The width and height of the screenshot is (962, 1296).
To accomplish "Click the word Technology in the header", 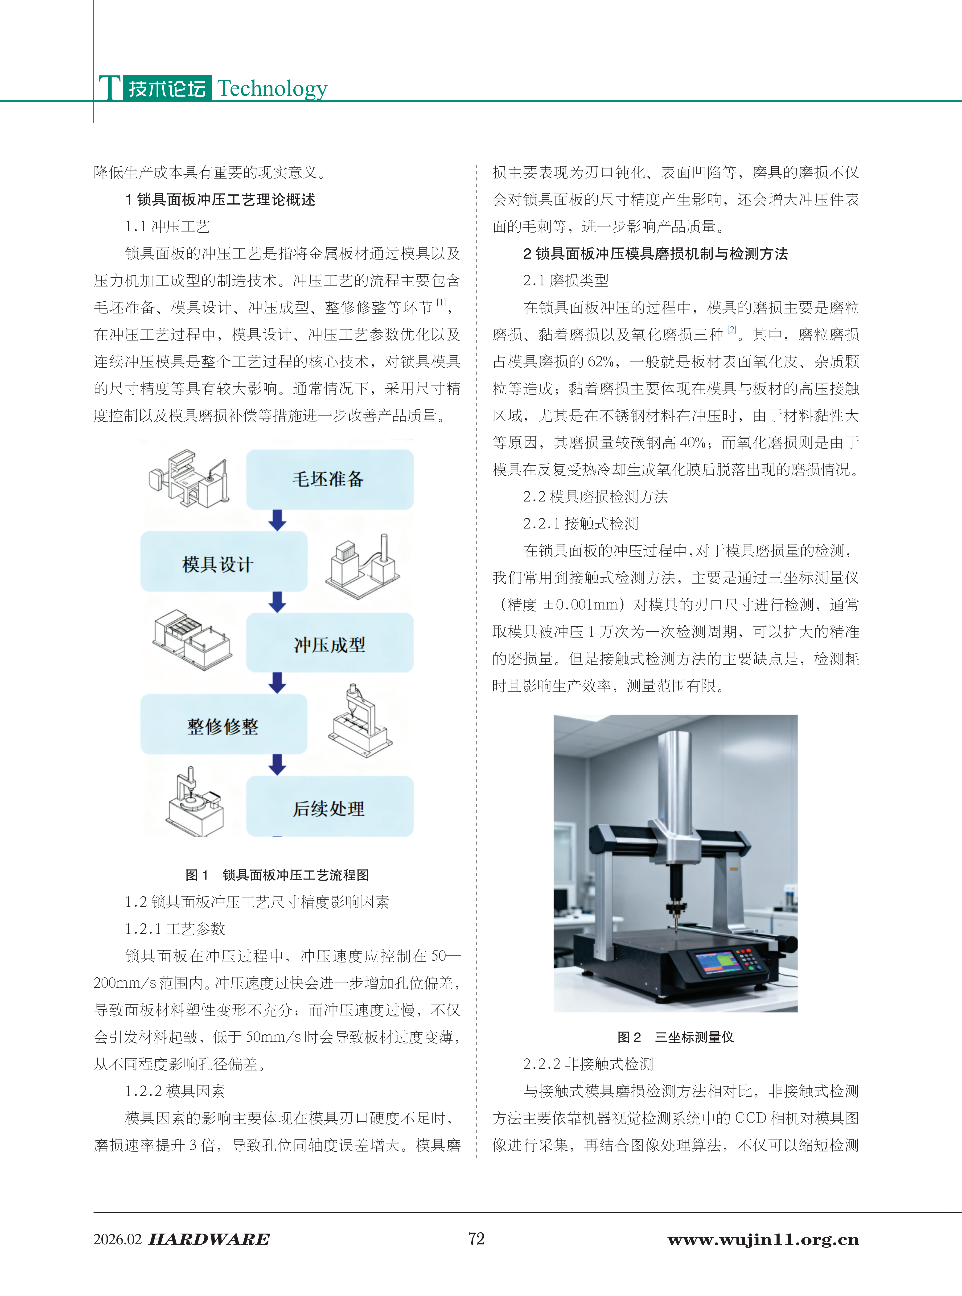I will click(x=272, y=88).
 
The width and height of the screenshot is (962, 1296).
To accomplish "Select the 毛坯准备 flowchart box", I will click(x=330, y=479).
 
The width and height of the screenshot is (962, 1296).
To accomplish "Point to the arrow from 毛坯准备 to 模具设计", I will click(x=277, y=520).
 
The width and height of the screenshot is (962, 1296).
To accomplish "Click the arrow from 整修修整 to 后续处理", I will click(x=277, y=765).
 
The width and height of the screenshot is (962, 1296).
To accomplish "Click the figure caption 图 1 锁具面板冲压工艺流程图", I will click(x=277, y=874).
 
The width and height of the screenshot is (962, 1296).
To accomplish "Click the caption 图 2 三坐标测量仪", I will click(x=675, y=1037).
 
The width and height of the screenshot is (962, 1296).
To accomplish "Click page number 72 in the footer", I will click(x=476, y=1238).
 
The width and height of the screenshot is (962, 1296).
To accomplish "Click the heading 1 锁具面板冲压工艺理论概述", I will click(x=220, y=200).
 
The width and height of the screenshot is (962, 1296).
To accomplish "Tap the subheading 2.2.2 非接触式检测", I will click(x=588, y=1064).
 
